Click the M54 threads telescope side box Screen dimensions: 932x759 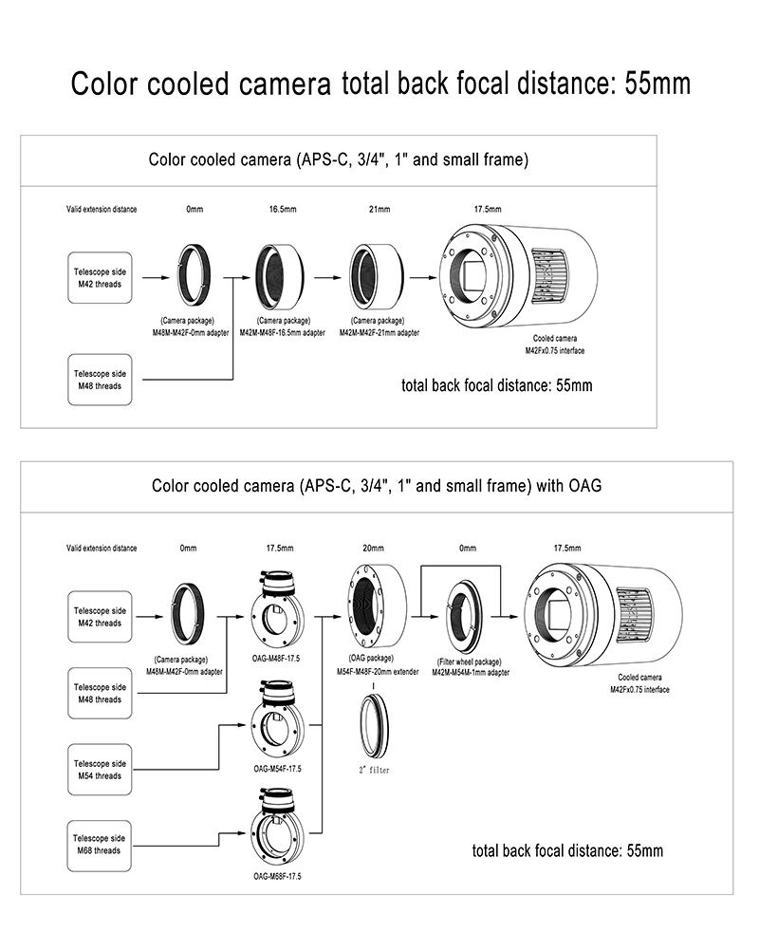coord(99,770)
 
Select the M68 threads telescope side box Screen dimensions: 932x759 coord(99,845)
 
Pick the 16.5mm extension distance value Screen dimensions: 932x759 coord(278,209)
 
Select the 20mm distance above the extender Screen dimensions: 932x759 coord(374,548)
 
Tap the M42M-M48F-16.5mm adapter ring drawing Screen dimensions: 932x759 coord(278,275)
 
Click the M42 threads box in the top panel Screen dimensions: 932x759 coord(99,277)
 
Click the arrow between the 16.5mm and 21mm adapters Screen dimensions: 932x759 coord(327,277)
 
